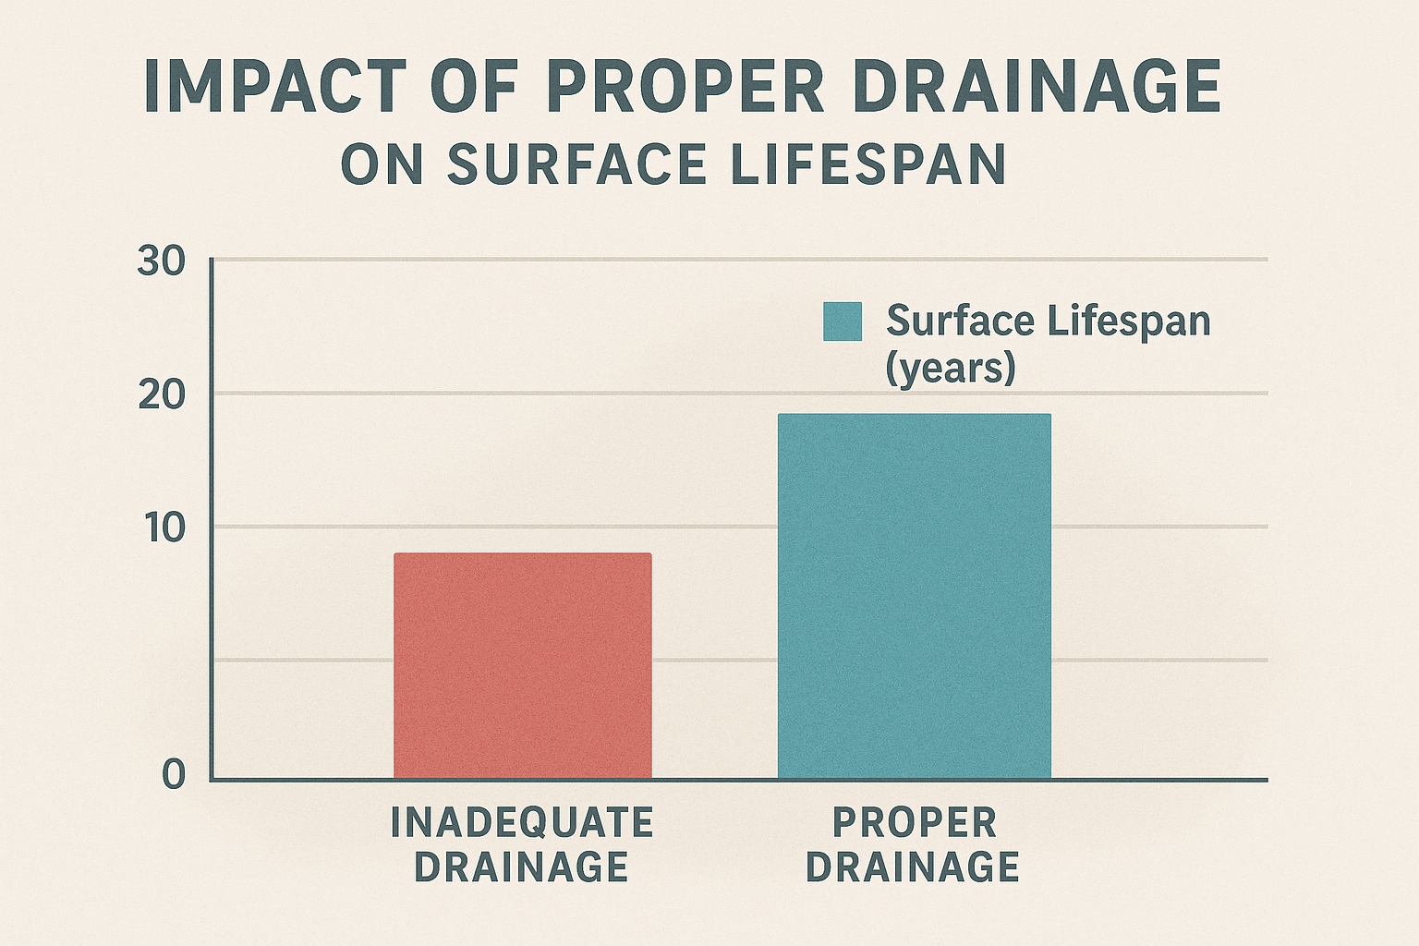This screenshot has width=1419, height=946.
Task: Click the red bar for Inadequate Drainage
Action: point(523,665)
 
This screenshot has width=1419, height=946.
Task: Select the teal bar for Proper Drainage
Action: point(914,596)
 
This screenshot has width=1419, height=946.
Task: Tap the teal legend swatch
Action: point(842,321)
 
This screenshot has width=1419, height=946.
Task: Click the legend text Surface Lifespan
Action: point(1048,321)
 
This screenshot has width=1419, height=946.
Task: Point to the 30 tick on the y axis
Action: point(161,262)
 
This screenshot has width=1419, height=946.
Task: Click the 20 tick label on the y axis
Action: point(161,396)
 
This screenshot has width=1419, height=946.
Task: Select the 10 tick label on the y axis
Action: point(164,529)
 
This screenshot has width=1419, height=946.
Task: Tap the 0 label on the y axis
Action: point(174,774)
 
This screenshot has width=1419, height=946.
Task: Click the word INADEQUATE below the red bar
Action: point(522,822)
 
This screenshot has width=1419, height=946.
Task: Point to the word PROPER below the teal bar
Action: point(914,822)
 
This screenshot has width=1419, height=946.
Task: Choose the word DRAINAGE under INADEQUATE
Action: point(521,867)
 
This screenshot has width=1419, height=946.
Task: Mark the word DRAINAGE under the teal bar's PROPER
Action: point(913,867)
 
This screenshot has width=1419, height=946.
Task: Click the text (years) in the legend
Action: point(951,369)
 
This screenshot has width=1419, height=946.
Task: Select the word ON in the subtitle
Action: point(382,164)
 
